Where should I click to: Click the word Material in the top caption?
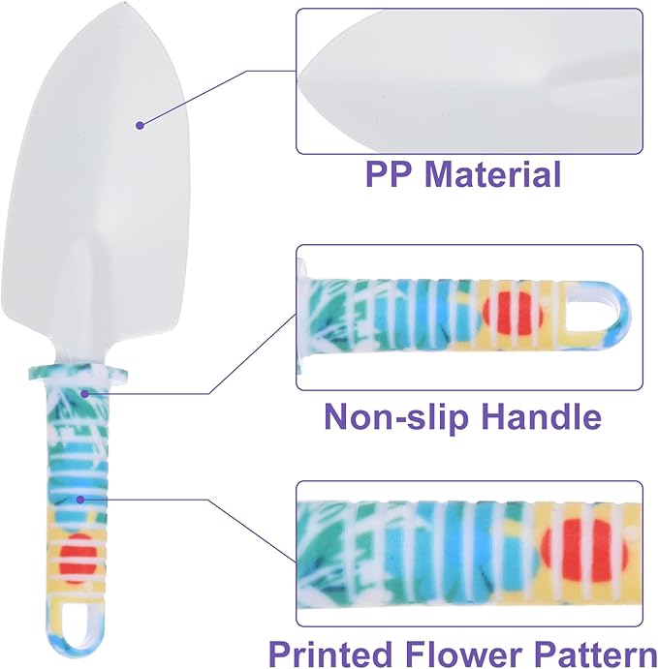[x=492, y=173]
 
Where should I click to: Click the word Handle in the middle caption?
[x=541, y=415]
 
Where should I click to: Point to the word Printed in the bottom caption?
[x=330, y=654]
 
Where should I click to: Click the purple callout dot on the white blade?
[x=140, y=126]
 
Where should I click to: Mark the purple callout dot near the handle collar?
[x=85, y=394]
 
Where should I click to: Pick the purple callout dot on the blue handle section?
[x=79, y=500]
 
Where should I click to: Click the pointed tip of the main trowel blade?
[x=121, y=4]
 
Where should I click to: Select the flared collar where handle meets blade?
[x=78, y=373]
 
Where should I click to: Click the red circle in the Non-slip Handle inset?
[x=513, y=314]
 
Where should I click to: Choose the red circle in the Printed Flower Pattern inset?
[x=584, y=550]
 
